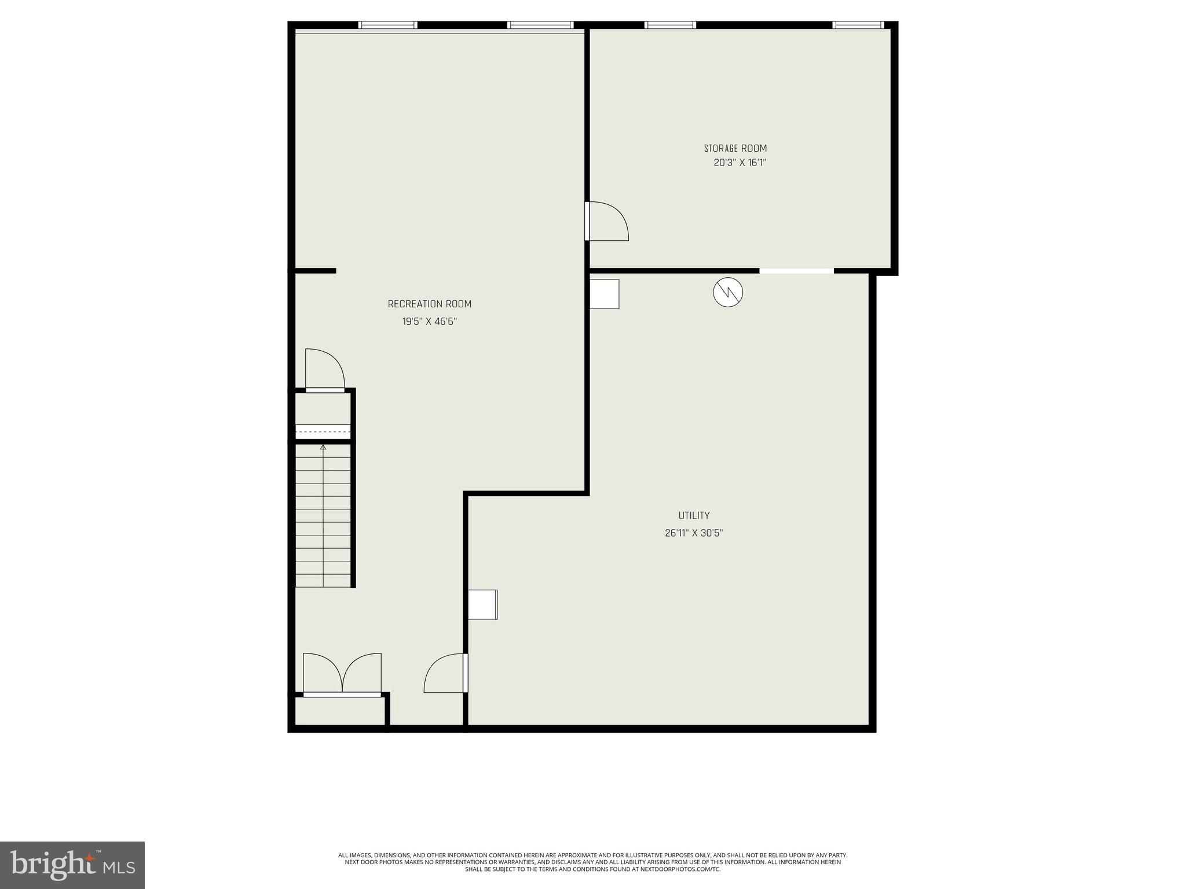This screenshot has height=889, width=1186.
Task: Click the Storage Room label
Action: (x=735, y=149)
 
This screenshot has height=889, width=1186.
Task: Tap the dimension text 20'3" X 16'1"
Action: (x=740, y=163)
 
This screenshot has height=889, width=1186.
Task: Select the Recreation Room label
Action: (x=429, y=304)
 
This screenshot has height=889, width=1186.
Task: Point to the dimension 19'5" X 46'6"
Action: (x=430, y=322)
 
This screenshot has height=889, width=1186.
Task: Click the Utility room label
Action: (x=694, y=516)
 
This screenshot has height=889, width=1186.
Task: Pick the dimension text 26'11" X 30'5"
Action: (x=694, y=533)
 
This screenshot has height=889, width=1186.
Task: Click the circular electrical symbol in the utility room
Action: (x=728, y=292)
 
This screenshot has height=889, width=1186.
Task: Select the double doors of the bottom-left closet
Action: (x=342, y=674)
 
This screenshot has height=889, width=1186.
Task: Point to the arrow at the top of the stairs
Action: (x=323, y=447)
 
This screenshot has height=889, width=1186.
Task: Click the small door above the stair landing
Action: (x=325, y=370)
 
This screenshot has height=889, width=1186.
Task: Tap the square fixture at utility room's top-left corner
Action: (x=604, y=294)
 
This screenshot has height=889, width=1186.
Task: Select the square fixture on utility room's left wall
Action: (x=482, y=605)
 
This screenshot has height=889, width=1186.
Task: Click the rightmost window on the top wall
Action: (x=858, y=25)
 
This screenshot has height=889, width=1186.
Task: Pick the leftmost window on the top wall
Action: (x=387, y=25)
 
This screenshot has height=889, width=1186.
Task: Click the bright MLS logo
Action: (x=72, y=865)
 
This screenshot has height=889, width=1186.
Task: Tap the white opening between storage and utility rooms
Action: (x=796, y=271)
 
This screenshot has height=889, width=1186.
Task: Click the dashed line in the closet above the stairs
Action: (x=323, y=432)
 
